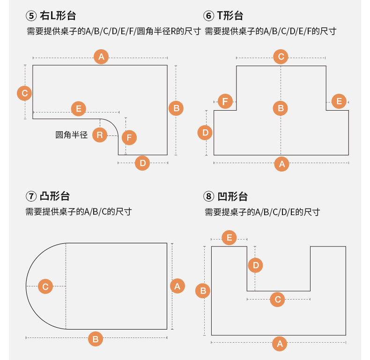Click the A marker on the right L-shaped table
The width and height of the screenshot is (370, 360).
coord(101,57)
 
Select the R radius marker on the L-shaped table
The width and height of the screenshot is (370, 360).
coord(99,135)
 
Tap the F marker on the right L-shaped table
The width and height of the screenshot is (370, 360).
coord(129,138)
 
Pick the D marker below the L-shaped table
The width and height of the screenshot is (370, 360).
coord(143,163)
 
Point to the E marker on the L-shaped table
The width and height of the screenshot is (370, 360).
coord(78,109)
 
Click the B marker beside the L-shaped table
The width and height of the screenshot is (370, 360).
coord(176,108)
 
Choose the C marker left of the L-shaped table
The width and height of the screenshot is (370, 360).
coord(24,93)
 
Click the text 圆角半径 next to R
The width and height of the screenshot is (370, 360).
coord(72,135)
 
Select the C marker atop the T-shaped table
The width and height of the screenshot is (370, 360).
coord(281,57)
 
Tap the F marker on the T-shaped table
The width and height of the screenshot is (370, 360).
coord(226,101)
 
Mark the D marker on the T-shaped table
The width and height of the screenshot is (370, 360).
coord(205,133)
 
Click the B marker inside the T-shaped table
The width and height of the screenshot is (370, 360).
coord(281,109)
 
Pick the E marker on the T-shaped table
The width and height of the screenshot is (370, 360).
coord(339,101)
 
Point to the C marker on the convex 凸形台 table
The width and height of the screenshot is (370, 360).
coord(45,286)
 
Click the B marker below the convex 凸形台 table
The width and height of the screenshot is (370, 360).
coord(96,338)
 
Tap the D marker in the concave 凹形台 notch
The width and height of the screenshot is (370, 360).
coord(255,266)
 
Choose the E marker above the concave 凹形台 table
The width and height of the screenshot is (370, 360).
coord(229,238)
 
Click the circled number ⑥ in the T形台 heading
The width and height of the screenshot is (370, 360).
coord(209,16)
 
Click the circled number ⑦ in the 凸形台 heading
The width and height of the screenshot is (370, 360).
coord(31,196)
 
